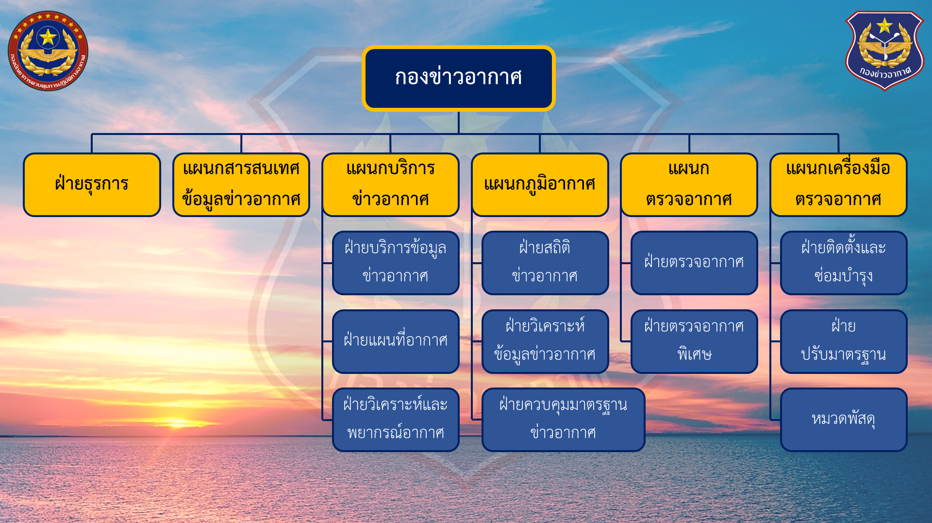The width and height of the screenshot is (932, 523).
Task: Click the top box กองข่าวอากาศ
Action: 458,78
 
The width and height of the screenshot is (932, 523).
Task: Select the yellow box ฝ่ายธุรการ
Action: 92,185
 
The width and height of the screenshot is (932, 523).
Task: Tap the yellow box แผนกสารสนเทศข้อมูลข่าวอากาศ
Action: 241,185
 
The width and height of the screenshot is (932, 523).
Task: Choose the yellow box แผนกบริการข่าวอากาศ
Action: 391,185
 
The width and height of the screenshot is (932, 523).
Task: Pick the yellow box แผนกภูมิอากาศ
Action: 540,185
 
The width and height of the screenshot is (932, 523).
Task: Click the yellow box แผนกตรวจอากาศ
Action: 689,185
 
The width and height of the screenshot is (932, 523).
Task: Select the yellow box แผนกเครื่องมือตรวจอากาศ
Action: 838,185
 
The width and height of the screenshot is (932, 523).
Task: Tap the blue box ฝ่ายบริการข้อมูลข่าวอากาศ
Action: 396,263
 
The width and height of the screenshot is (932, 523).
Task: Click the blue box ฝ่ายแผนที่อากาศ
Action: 396,341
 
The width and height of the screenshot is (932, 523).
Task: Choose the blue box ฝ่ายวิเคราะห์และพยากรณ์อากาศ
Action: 396,420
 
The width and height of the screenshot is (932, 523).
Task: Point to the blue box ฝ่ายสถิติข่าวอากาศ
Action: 545,263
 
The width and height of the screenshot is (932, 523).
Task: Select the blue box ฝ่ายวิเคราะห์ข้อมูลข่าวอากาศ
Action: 545,341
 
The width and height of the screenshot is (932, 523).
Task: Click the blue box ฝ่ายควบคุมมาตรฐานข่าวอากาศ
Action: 563,420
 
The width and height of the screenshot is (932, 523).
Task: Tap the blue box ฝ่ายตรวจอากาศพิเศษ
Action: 694,341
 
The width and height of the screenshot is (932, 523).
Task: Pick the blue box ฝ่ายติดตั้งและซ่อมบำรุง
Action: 844,263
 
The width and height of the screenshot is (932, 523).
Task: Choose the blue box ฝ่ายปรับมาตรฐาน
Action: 844,341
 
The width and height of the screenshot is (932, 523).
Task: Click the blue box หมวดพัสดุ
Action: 844,420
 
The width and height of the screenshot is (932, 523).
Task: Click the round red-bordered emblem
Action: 48,51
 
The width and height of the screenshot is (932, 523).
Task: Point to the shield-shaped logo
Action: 884,51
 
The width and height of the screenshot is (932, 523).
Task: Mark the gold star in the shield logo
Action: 884,25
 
